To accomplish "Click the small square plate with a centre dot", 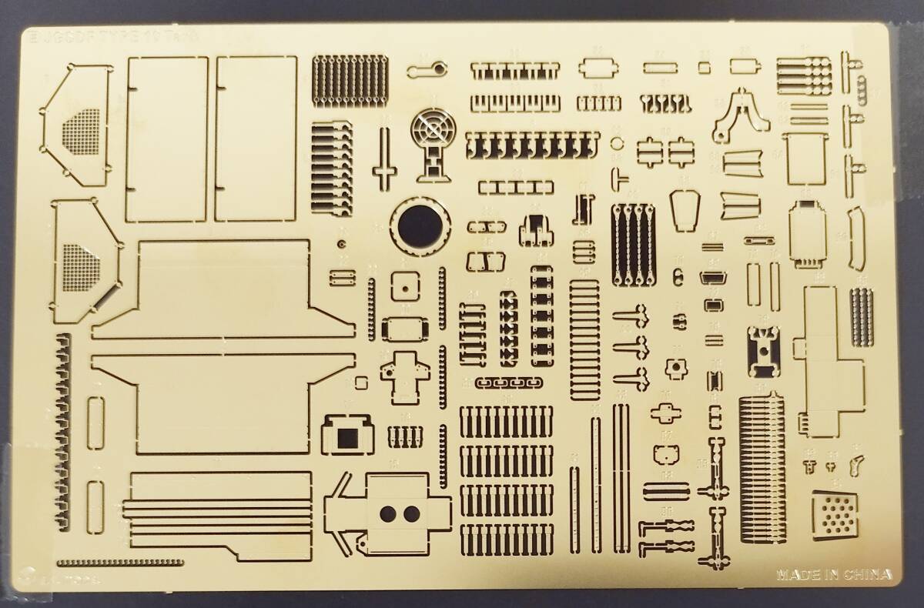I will point(403,285).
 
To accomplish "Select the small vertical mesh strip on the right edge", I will point(862,317).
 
